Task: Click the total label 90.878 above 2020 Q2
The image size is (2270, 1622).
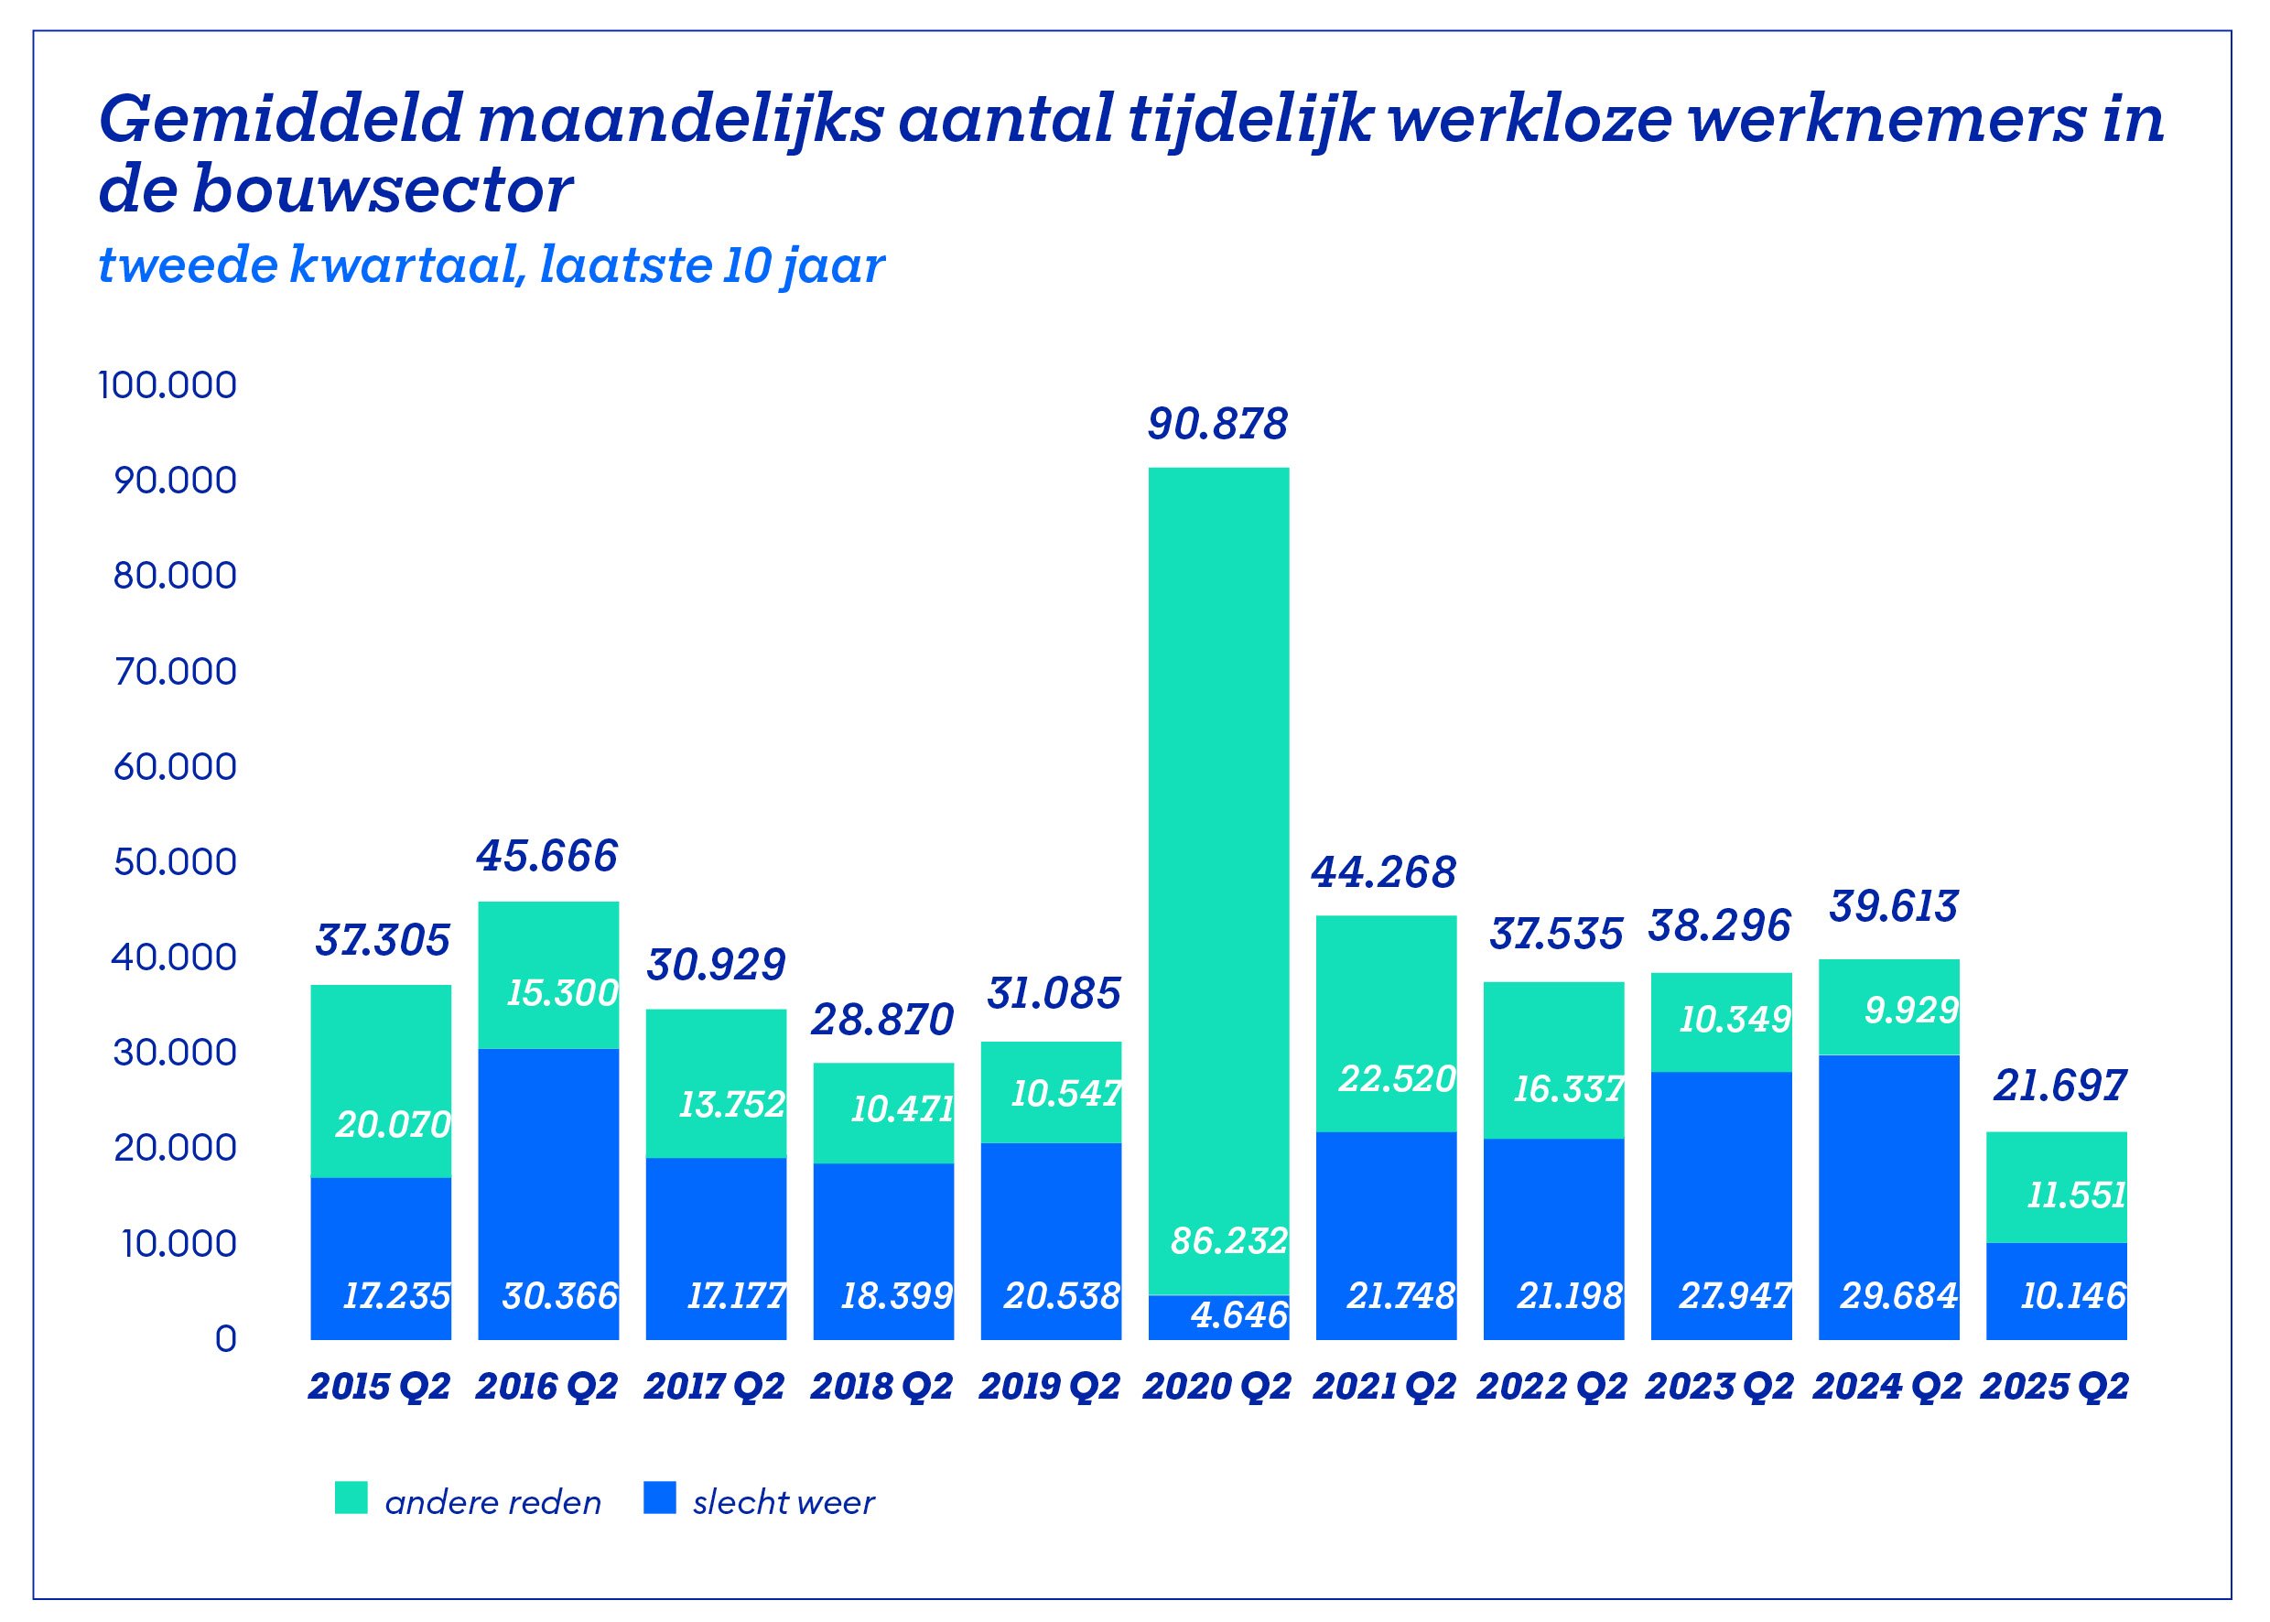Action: point(1217,425)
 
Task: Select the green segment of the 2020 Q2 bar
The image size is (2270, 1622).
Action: point(1218,849)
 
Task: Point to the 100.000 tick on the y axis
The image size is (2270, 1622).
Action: point(168,385)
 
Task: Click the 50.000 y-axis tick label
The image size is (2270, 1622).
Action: point(175,862)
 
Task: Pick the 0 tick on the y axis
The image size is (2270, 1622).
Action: point(226,1338)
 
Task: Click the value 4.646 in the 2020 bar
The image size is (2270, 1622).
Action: point(1239,1315)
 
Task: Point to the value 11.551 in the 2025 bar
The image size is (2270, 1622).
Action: point(2076,1195)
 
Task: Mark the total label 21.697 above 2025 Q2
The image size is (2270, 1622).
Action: point(2059,1086)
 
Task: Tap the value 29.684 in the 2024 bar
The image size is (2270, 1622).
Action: point(1898,1296)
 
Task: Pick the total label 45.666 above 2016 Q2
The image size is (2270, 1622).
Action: point(547,856)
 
